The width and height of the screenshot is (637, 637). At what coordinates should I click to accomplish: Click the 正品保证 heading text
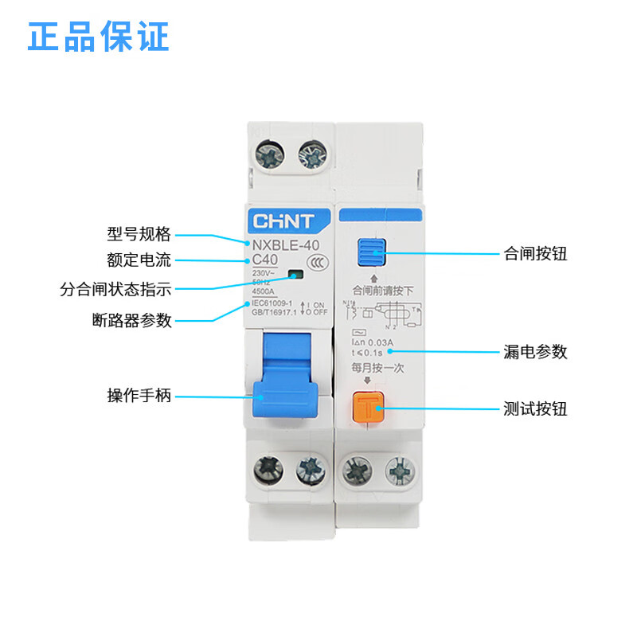[99, 37]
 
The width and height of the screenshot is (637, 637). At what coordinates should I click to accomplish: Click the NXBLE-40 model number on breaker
[287, 245]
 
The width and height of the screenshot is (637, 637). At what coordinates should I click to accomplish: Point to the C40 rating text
[267, 260]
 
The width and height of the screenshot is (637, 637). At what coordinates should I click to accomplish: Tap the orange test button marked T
[369, 409]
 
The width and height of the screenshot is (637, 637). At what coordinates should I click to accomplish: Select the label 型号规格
[139, 234]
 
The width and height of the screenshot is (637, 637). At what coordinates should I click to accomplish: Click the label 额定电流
[139, 260]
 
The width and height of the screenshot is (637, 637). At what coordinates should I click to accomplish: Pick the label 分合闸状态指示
[115, 289]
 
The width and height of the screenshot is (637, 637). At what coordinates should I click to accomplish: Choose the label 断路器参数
[131, 320]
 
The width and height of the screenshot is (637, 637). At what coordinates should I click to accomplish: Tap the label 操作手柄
[139, 396]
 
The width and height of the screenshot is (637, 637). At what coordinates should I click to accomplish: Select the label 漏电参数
[536, 351]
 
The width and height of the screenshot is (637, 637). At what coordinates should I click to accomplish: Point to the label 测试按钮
[536, 409]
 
